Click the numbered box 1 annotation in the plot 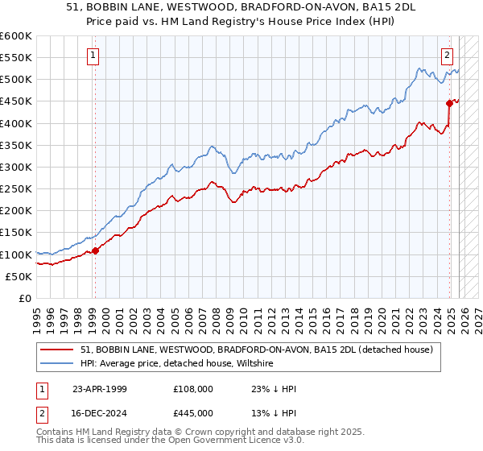pos(94,56)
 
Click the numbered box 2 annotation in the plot pos(447,56)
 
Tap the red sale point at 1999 pos(95,250)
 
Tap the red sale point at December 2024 pos(449,103)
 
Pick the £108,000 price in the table pos(193,389)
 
